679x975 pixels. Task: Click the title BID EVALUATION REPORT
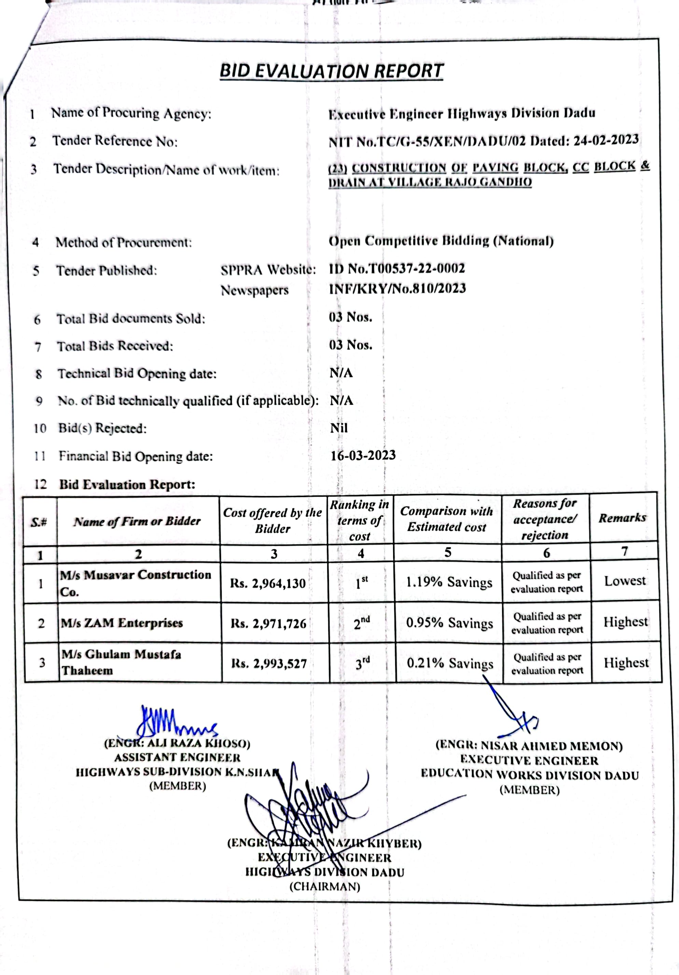click(x=331, y=71)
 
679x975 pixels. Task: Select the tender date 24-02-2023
click(x=606, y=140)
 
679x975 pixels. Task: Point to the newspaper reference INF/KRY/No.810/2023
click(x=397, y=289)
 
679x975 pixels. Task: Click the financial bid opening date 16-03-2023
click(x=363, y=455)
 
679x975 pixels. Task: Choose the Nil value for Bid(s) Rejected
click(x=339, y=428)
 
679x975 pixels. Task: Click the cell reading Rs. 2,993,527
click(x=269, y=663)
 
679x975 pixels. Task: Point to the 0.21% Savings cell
click(x=450, y=663)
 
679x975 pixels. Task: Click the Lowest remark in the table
click(x=625, y=580)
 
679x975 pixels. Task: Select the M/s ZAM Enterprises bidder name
click(x=122, y=623)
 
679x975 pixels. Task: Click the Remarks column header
click(x=622, y=518)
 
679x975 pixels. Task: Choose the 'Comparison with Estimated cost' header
click(x=447, y=519)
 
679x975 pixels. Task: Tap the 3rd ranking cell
click(x=362, y=663)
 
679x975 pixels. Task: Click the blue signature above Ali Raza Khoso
click(x=174, y=723)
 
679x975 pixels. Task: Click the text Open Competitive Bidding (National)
click(x=441, y=241)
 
